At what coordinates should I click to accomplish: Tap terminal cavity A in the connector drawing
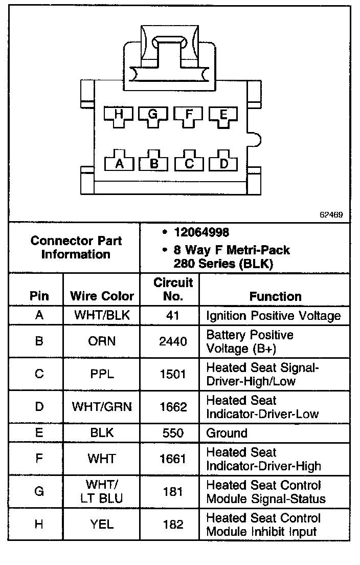click(120, 162)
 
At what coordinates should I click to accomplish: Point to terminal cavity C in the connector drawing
click(189, 162)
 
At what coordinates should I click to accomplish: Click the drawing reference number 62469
click(331, 215)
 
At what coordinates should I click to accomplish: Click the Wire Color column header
click(102, 296)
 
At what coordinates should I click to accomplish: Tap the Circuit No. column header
click(173, 289)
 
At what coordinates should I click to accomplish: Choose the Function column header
click(275, 296)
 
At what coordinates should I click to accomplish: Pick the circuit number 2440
click(173, 341)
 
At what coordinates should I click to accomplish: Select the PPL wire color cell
click(102, 374)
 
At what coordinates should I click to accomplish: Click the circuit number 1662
click(173, 407)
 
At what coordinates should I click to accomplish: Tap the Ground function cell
click(227, 433)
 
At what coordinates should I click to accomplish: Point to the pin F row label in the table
click(39, 459)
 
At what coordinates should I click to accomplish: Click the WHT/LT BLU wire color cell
click(102, 491)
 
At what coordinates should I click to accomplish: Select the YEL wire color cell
click(102, 524)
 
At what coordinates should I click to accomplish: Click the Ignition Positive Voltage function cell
click(273, 315)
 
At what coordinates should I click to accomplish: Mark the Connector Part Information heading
click(76, 247)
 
